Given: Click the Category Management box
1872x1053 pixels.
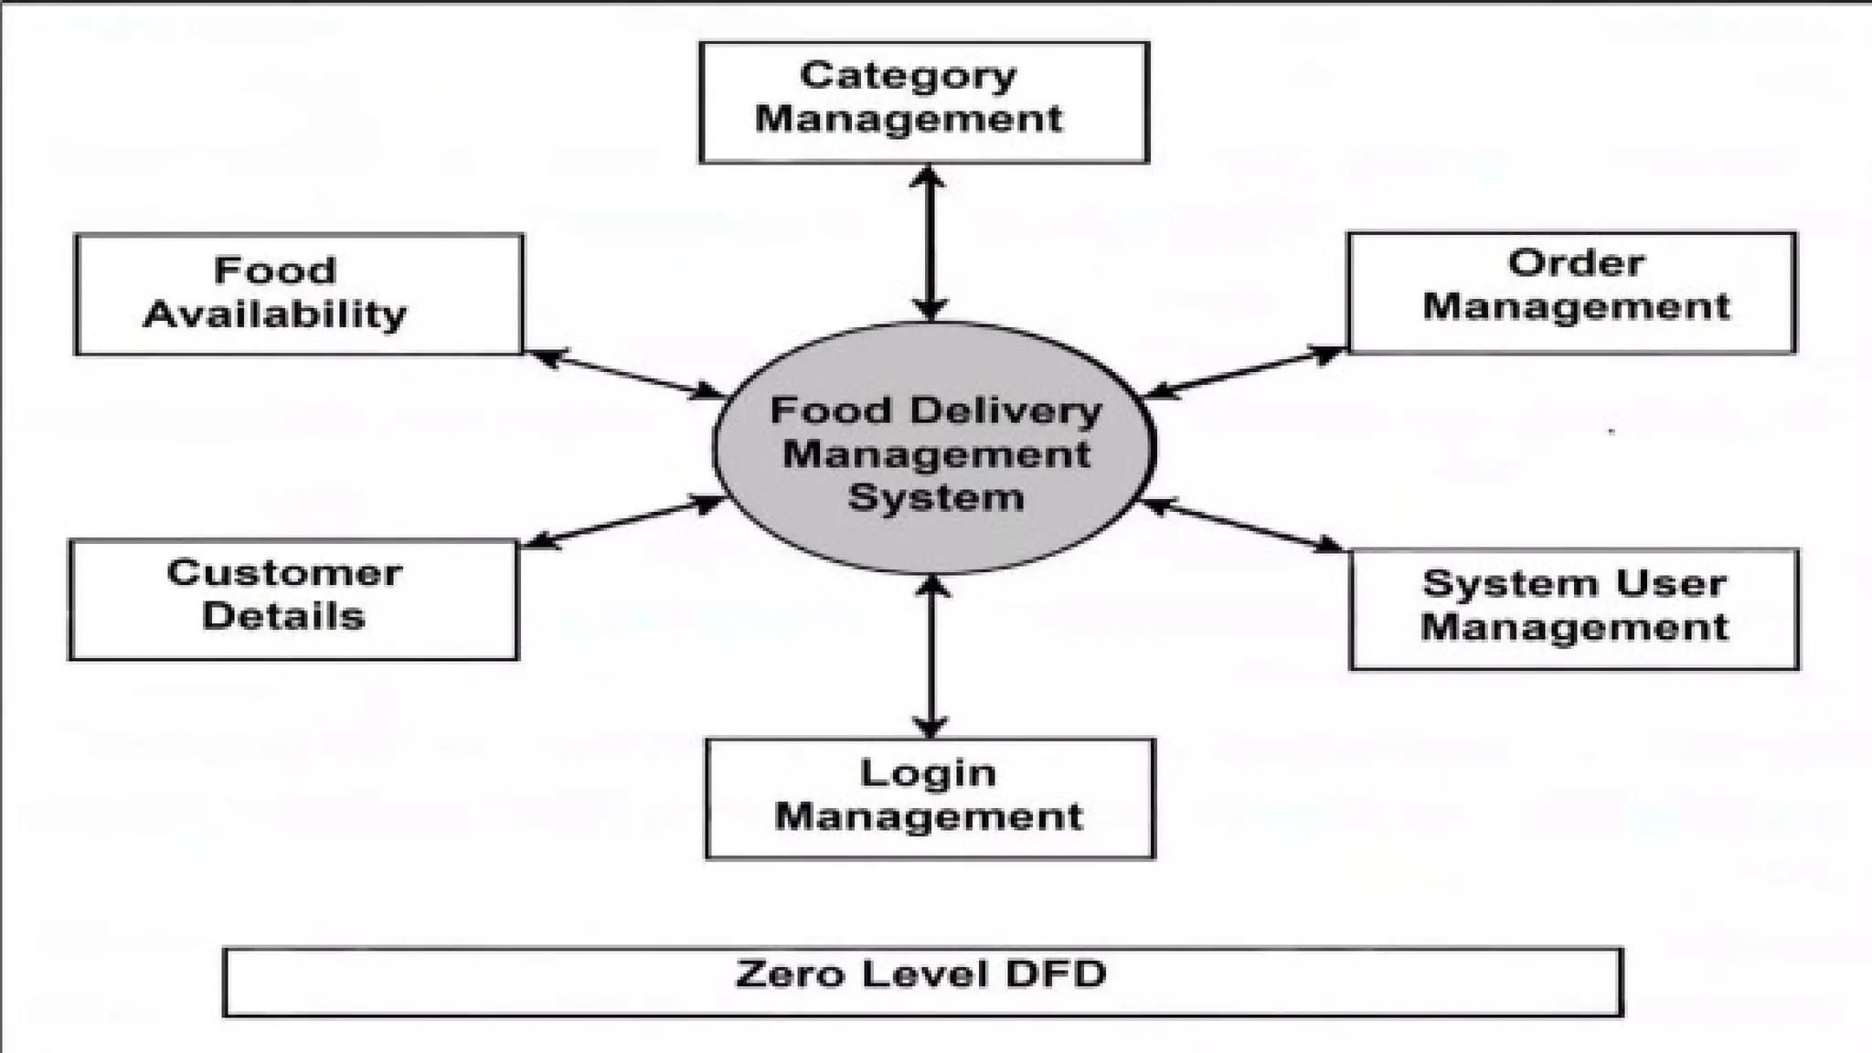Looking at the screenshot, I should point(923,102).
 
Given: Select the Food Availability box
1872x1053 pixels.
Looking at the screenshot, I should point(299,294).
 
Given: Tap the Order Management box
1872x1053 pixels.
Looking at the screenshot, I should point(1571,292).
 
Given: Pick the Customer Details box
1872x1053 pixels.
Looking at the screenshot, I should point(292,600).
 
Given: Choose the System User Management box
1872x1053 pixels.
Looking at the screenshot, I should point(1574,609).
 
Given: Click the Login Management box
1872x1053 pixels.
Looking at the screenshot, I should point(930,799).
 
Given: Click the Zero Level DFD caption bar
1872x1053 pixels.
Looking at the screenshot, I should point(923,982).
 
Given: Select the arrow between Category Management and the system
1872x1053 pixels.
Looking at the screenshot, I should point(930,243).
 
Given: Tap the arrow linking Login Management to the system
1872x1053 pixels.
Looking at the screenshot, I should point(931,656).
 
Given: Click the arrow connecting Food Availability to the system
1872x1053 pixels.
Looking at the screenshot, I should point(625,374).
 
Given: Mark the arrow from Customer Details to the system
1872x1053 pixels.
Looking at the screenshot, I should point(622,523).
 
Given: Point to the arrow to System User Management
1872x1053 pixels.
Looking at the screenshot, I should point(1243,526).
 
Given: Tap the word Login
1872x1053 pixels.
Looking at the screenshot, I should point(928,774).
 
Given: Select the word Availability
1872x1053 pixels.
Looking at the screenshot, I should point(274,315).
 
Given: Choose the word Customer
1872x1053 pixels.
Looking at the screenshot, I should point(284,574).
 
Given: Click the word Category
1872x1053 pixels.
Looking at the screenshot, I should point(908,77).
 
